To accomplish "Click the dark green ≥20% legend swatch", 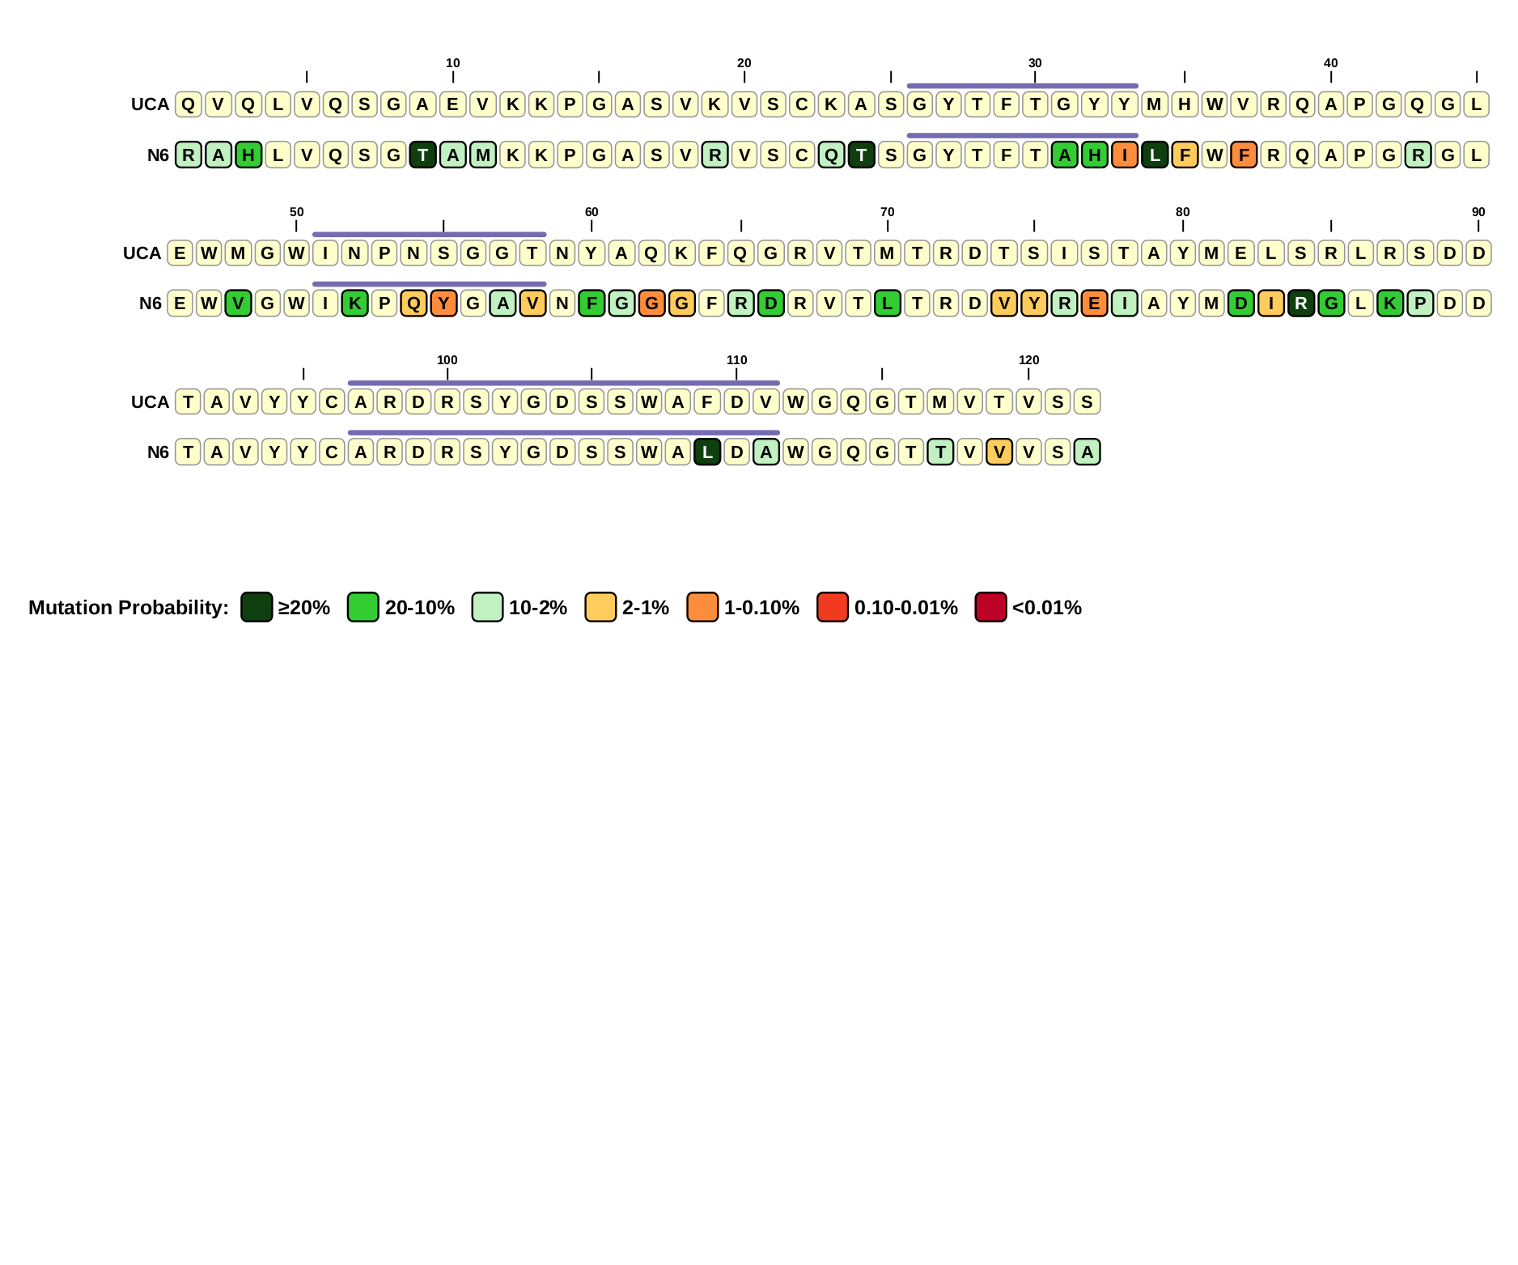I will point(257,607).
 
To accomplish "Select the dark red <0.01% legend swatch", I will point(990,607).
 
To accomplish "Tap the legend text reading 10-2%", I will point(537,608).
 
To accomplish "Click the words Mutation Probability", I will point(128,608).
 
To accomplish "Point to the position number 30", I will point(1035,63).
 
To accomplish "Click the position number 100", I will point(447,360).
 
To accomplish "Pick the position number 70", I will point(887,212).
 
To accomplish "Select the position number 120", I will point(1028,360).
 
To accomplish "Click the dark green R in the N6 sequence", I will point(1301,304).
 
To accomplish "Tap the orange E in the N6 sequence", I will point(1094,304).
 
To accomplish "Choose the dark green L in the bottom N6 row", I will point(707,452).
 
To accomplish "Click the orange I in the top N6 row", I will point(1125,155).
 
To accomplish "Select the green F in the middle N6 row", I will point(592,304).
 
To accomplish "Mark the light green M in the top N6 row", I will point(483,155).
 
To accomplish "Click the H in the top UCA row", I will point(1185,104).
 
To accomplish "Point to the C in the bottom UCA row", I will point(332,402).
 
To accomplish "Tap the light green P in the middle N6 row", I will point(1420,304).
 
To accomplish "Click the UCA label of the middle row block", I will point(142,253).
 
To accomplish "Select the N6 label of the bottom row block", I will point(158,452).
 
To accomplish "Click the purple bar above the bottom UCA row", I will point(563,383).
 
